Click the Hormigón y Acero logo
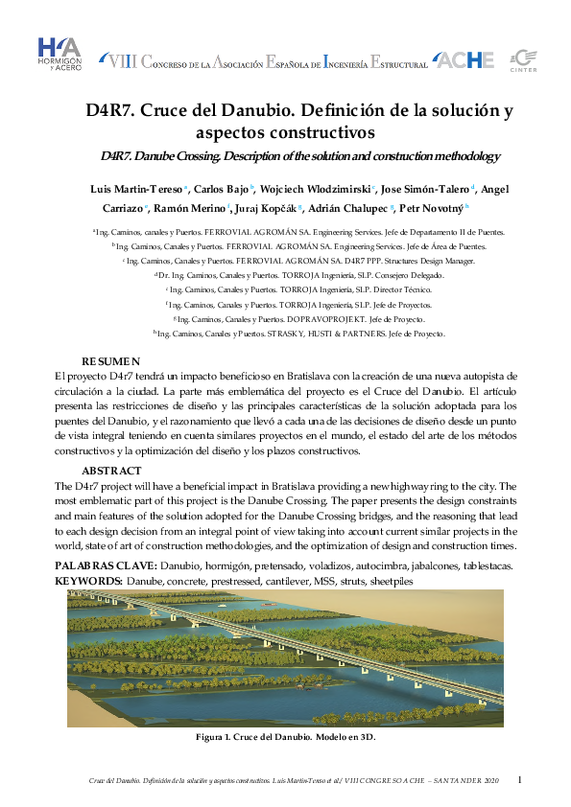point(59,57)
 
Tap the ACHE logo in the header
point(465,60)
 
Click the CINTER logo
point(521,59)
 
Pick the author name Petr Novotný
point(430,208)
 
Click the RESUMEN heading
point(110,361)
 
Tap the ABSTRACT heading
point(113,472)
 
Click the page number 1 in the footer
point(519,781)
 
